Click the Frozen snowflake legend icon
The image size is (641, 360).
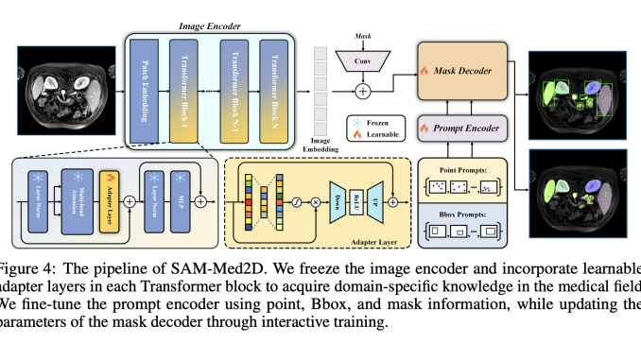pyautogui.click(x=356, y=124)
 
